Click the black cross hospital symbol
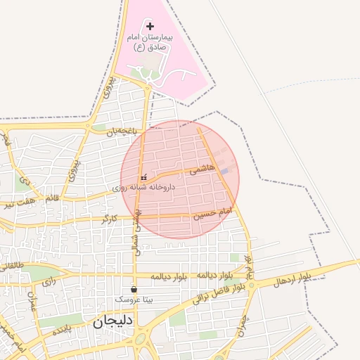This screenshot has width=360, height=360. (150, 25)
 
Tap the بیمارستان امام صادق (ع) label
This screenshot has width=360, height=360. (150, 41)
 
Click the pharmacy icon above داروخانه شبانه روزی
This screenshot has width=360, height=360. (143, 178)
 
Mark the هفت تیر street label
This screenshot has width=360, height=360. (20, 205)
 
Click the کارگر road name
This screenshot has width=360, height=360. (109, 219)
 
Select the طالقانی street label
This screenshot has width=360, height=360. (13, 266)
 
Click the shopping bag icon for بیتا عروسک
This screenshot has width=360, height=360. (134, 289)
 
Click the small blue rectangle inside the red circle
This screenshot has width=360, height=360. (224, 171)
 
